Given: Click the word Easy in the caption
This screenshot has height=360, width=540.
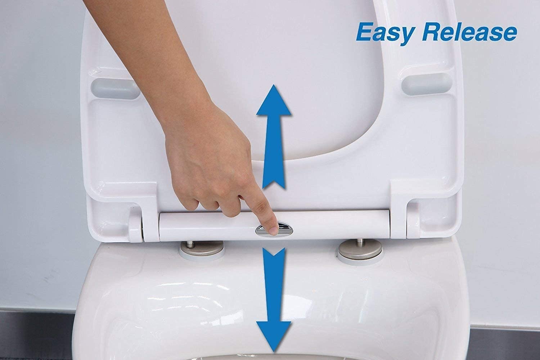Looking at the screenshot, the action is pos(386,35).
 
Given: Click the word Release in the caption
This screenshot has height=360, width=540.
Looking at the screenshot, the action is pos(469,32).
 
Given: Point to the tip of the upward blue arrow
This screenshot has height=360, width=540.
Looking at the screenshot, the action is pos(273,85).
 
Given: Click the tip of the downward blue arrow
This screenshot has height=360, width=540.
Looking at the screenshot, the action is pos(274,352).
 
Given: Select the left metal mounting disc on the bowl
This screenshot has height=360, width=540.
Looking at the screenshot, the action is pos(202,250).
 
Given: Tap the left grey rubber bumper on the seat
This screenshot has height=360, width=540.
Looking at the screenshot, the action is pos(115,89).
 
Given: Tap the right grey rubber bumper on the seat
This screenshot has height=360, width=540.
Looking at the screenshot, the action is pos(426,84).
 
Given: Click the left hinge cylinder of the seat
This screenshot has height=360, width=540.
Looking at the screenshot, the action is pos(135,225).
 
